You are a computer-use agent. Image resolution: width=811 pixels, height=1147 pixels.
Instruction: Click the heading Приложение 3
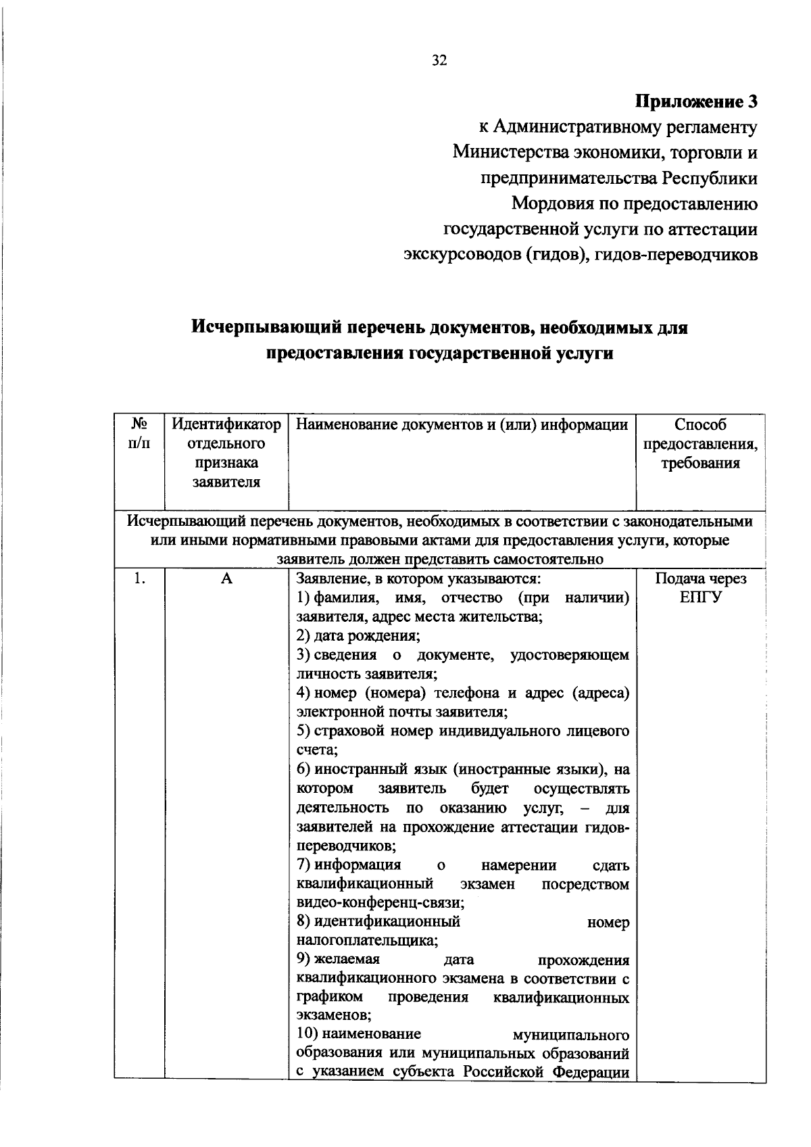695,102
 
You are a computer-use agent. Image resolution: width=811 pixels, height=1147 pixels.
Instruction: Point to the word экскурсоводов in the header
461,255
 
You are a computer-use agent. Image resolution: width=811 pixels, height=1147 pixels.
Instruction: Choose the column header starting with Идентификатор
226,453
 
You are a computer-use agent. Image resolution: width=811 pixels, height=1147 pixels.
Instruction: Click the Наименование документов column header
462,425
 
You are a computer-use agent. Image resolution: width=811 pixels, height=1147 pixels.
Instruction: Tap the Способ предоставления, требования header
700,444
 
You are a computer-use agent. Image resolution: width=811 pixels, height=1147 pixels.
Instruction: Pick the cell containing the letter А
226,579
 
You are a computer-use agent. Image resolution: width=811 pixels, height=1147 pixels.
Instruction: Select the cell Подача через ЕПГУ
700,588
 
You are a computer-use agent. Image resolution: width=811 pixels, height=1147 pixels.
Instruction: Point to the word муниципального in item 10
571,1035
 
